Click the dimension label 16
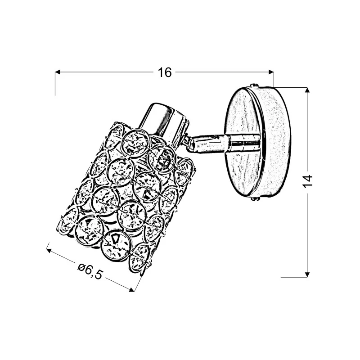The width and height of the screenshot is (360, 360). pyautogui.click(x=165, y=72)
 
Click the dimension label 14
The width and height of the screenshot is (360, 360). pyautogui.click(x=307, y=181)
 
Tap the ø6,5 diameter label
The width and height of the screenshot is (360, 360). pyautogui.click(x=90, y=271)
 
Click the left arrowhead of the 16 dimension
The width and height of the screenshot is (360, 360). pyautogui.click(x=58, y=72)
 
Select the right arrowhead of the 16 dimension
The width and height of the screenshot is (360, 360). pyautogui.click(x=271, y=72)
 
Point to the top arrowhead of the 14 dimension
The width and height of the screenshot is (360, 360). pyautogui.click(x=307, y=90)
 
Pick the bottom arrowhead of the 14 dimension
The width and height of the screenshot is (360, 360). pyautogui.click(x=307, y=274)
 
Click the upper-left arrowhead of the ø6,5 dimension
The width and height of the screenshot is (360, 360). pyautogui.click(x=49, y=250)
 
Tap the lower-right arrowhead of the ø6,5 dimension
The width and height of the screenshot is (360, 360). pyautogui.click(x=131, y=289)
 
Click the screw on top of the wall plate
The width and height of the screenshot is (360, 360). pyautogui.click(x=255, y=85)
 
